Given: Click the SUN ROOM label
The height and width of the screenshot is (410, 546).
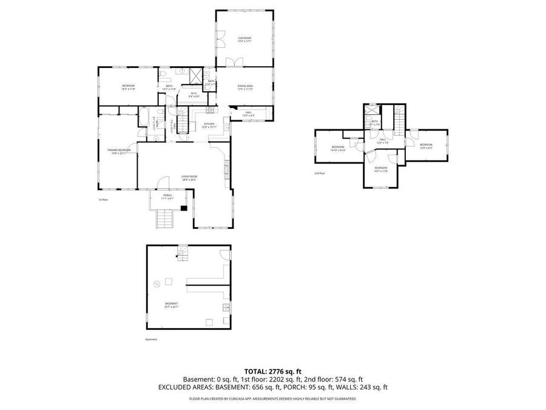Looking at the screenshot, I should tap(244, 39).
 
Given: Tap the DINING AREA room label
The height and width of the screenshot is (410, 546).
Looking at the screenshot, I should tap(244, 87).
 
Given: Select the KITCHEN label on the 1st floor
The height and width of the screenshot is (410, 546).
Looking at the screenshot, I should tap(209, 125).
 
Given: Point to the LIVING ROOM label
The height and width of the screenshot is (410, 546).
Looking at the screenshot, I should tap(189, 177).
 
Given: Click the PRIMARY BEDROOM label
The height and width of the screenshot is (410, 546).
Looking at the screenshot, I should tap(119, 151).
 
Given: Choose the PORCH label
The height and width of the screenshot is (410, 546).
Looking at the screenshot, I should tap(167, 197).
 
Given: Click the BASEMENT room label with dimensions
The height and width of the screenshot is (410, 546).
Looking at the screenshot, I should tap(172, 305).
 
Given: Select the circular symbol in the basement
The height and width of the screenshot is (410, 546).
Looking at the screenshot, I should tap(157, 283).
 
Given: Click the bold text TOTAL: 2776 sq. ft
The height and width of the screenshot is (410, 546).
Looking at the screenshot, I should tap(273, 371).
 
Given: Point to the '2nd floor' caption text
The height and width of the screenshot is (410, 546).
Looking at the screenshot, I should tap(320, 173).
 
